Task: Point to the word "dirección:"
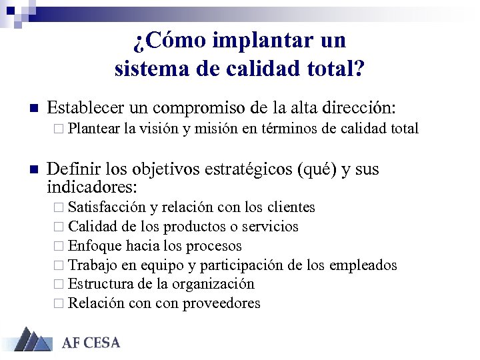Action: pyautogui.click(x=357, y=108)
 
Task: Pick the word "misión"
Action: pyautogui.click(x=215, y=129)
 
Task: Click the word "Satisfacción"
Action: pyautogui.click(x=107, y=207)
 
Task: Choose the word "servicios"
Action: pyautogui.click(x=271, y=227)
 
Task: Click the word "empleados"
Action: pyautogui.click(x=363, y=265)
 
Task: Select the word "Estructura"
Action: pyautogui.click(x=101, y=284)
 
